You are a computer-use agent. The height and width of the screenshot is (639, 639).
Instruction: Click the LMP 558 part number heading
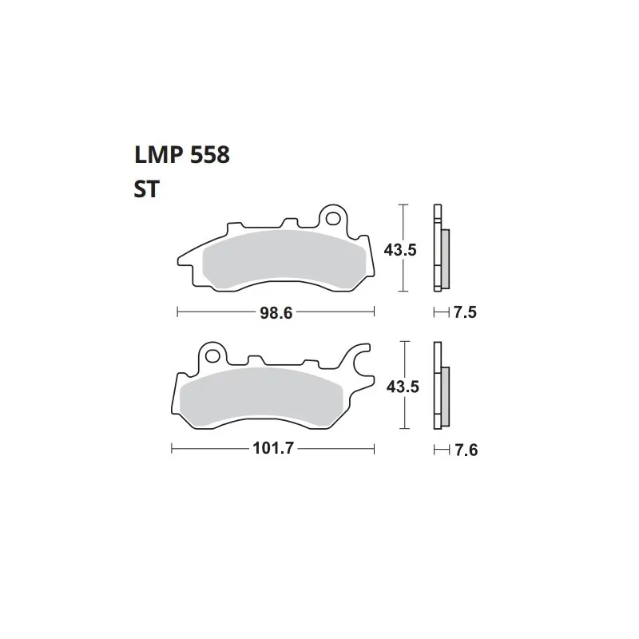182,155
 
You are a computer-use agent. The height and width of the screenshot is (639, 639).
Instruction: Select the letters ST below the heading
146,189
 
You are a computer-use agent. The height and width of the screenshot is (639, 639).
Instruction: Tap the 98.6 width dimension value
276,313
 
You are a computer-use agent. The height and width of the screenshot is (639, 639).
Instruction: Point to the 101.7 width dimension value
273,448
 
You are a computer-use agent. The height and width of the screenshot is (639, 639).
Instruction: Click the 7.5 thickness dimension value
465,312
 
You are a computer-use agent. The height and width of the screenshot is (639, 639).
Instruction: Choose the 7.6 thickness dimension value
466,450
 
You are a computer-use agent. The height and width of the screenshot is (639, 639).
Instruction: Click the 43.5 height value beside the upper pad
400,250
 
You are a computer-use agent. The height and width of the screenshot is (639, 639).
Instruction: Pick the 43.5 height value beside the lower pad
403,387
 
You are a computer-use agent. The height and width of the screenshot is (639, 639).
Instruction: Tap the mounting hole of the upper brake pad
333,219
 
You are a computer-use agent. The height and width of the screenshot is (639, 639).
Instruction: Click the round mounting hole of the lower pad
212,355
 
